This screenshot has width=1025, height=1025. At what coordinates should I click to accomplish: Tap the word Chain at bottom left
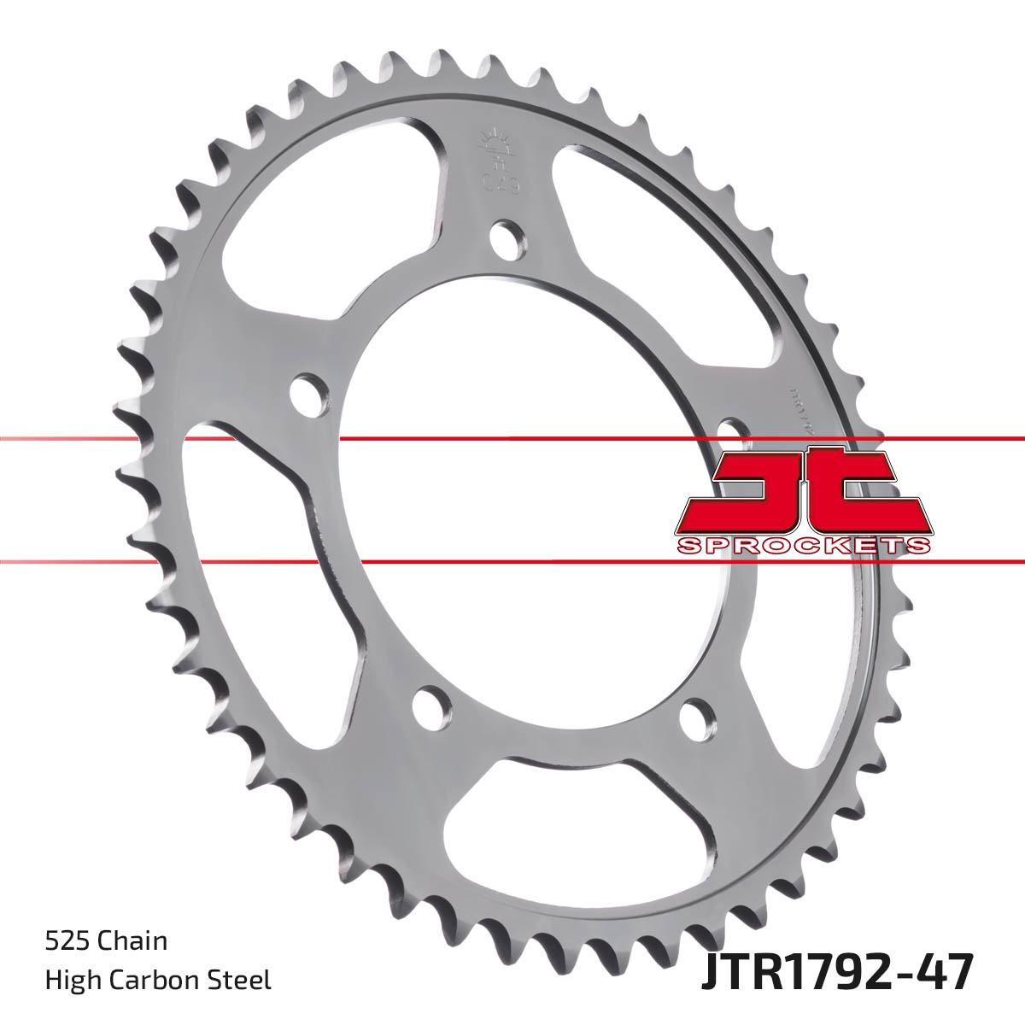[x=132, y=941]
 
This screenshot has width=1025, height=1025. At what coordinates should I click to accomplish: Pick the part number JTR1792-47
[x=837, y=973]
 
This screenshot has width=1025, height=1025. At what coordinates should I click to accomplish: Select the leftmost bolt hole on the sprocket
[x=308, y=392]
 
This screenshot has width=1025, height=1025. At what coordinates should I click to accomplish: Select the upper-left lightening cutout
[x=333, y=222]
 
